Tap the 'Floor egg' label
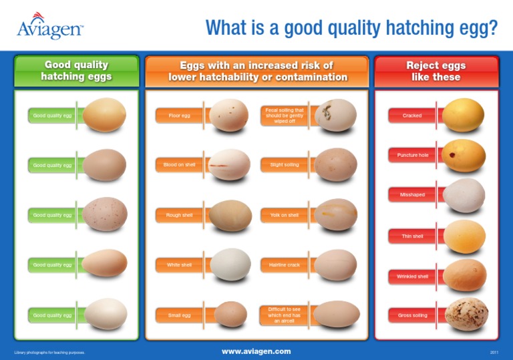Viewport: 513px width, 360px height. (179, 116)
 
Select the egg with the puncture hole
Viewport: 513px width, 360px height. (464, 156)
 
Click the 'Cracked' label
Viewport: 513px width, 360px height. (412, 116)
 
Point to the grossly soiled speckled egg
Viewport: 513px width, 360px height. (467, 315)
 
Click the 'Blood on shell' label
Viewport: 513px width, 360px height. (179, 164)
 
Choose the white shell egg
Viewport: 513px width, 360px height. (230, 264)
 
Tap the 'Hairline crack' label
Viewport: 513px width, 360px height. (284, 265)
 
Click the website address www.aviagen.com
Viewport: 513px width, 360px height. (256, 351)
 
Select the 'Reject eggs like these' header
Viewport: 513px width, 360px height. (436, 71)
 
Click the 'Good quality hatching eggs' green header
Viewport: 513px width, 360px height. (77, 71)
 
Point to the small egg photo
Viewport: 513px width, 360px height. (230, 314)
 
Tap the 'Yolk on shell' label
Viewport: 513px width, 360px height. (284, 215)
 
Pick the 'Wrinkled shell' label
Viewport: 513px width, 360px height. (412, 276)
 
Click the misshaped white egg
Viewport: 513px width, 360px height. (464, 195)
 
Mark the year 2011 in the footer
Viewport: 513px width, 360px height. (494, 351)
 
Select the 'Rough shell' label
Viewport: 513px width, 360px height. (179, 215)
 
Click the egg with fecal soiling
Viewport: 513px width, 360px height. (335, 115)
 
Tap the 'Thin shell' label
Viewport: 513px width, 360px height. (412, 236)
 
